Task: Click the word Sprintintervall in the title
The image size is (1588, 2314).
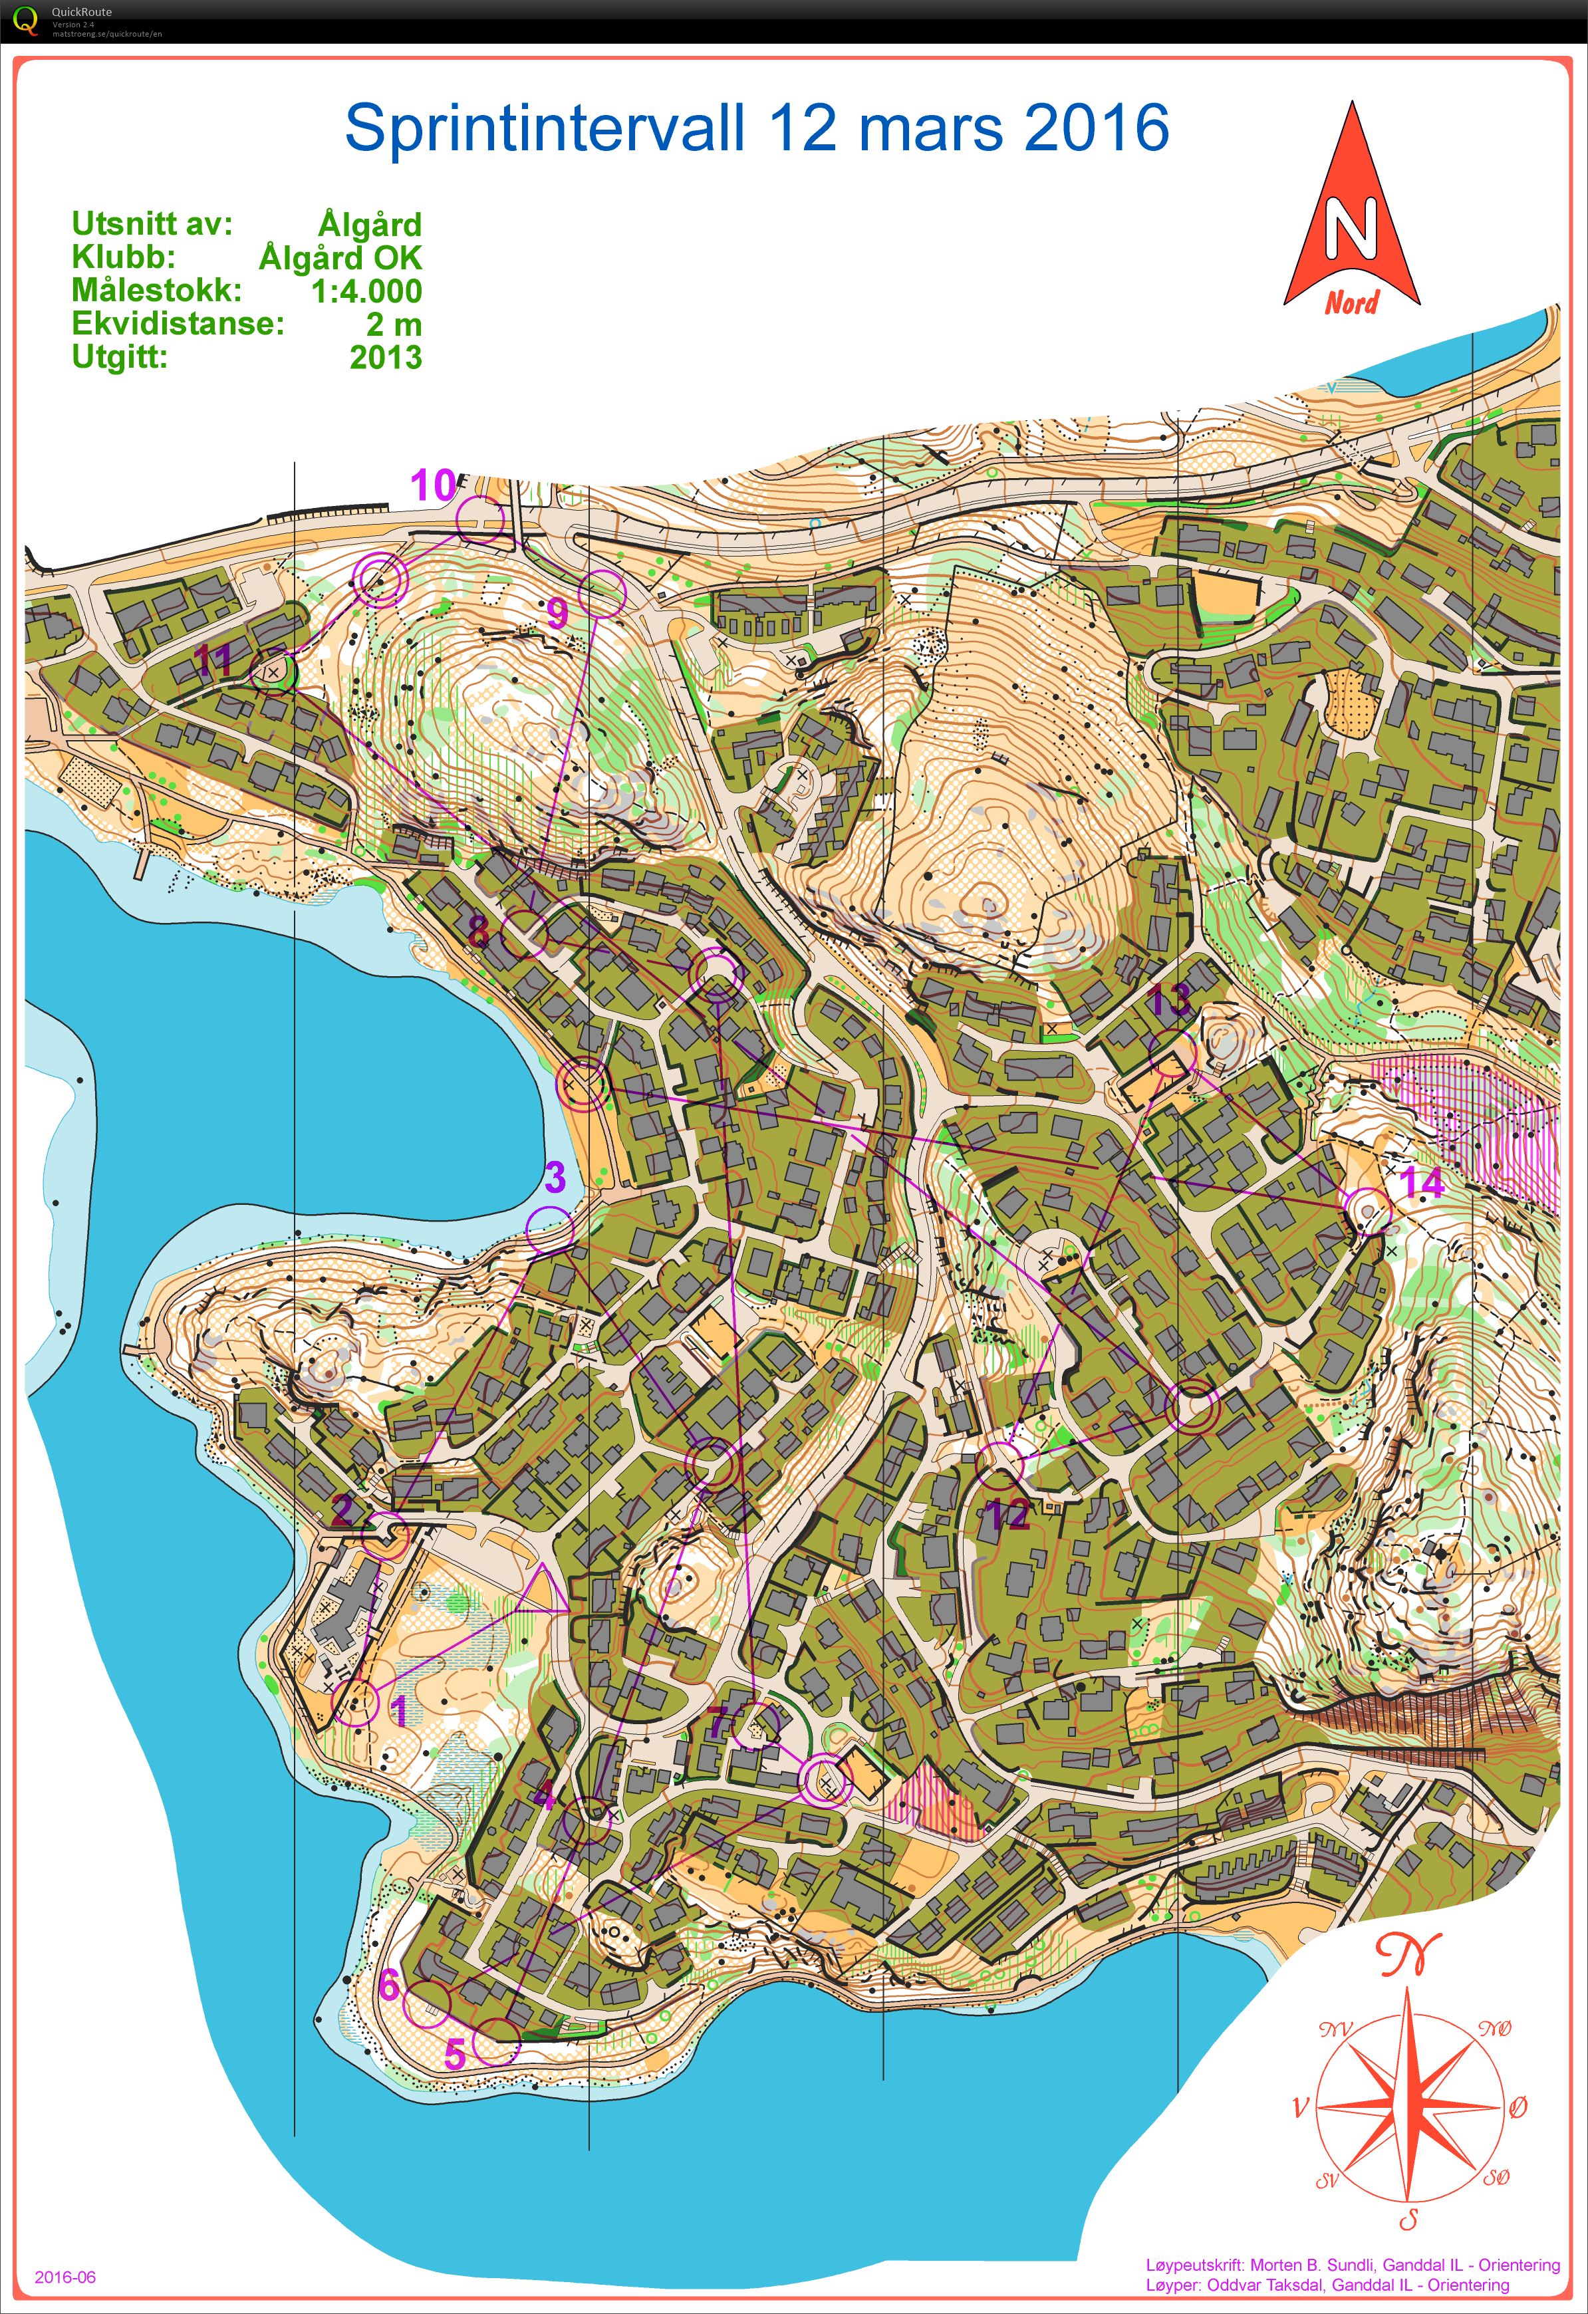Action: [545, 128]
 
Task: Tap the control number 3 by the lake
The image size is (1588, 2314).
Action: [555, 1177]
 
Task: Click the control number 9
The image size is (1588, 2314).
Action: [557, 612]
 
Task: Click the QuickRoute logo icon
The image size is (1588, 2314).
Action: [24, 20]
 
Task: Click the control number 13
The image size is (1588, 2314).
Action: [1169, 997]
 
